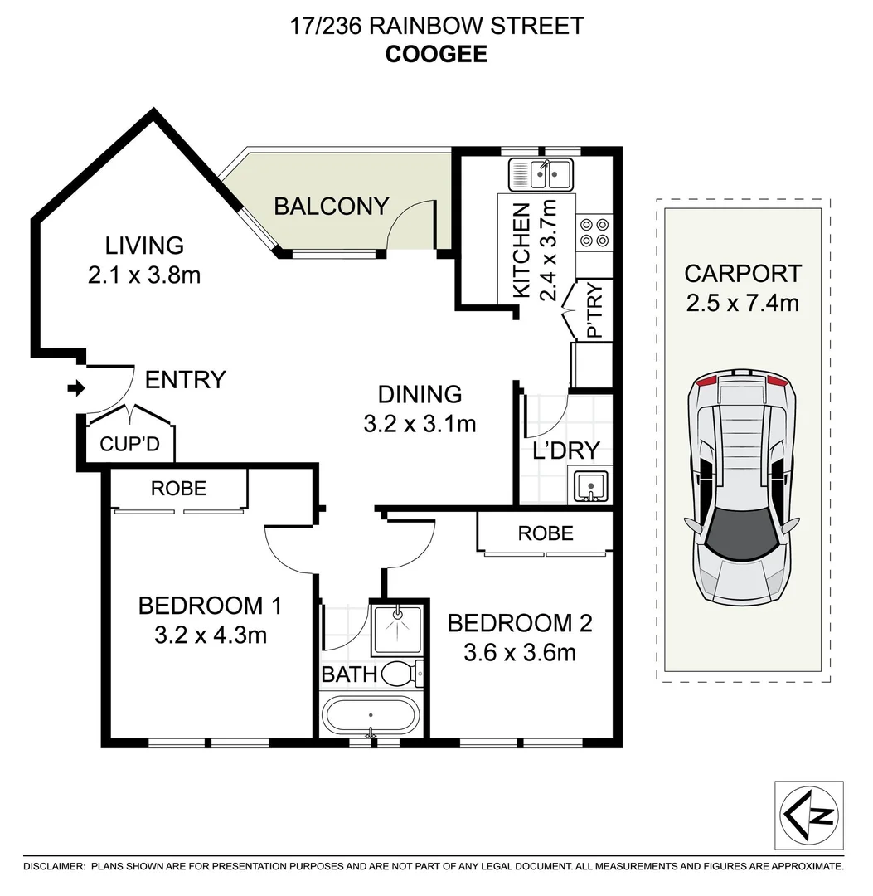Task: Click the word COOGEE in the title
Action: (436, 54)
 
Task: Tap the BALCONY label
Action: (331, 206)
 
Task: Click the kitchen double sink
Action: (540, 175)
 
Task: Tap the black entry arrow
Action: (75, 387)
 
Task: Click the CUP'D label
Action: (129, 445)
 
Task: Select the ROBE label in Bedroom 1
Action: (178, 489)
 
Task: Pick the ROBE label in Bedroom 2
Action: (546, 533)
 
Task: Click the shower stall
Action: (398, 628)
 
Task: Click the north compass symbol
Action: (809, 815)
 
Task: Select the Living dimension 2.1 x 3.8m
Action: (144, 275)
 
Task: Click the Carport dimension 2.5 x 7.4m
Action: (742, 303)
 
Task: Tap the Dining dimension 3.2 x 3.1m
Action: (420, 424)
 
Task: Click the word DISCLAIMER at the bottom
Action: (55, 866)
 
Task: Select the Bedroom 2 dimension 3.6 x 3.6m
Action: (520, 652)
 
